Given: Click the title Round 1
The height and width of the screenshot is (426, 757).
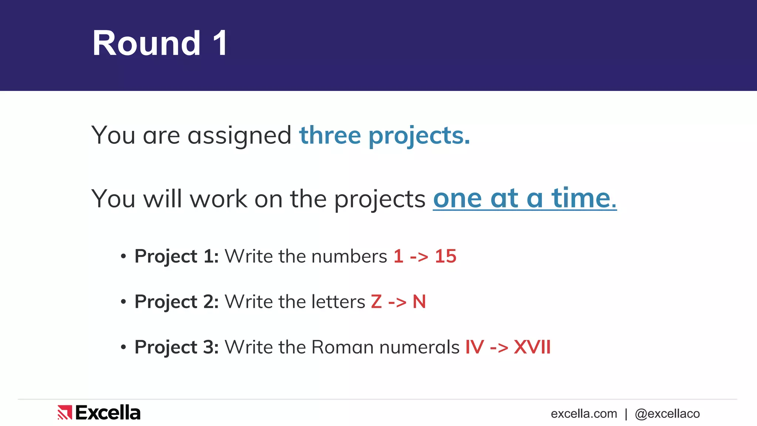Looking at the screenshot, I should pyautogui.click(x=160, y=43).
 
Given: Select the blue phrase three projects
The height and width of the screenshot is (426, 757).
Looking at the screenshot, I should pyautogui.click(x=384, y=135).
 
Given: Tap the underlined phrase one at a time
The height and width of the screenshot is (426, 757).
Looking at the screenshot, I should pyautogui.click(x=525, y=199).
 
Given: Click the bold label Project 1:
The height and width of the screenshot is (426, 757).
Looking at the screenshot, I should pyautogui.click(x=176, y=256).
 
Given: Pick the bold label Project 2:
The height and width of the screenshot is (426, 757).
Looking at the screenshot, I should pyautogui.click(x=176, y=302).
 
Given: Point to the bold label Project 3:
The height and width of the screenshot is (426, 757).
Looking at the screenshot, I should pyautogui.click(x=176, y=347).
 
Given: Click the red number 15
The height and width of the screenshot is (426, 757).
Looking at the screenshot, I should pyautogui.click(x=445, y=256).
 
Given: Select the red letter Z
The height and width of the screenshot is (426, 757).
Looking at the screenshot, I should pyautogui.click(x=376, y=302).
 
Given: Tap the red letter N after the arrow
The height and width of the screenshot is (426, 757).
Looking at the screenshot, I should pyautogui.click(x=419, y=302).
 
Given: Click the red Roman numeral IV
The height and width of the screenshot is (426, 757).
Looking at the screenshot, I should pyautogui.click(x=474, y=347).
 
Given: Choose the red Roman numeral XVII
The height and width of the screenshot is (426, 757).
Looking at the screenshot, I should pyautogui.click(x=532, y=347).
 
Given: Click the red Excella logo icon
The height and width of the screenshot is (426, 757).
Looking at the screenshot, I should pyautogui.click(x=65, y=413).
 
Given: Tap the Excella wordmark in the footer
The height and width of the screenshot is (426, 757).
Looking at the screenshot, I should pyautogui.click(x=108, y=413).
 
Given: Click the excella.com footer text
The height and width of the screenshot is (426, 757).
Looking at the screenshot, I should pyautogui.click(x=584, y=414).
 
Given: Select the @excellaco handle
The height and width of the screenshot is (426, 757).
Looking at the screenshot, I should pyautogui.click(x=667, y=414).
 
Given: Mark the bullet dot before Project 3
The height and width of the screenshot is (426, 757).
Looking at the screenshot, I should pyautogui.click(x=123, y=347).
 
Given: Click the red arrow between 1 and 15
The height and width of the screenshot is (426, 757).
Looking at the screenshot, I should pyautogui.click(x=419, y=257).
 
